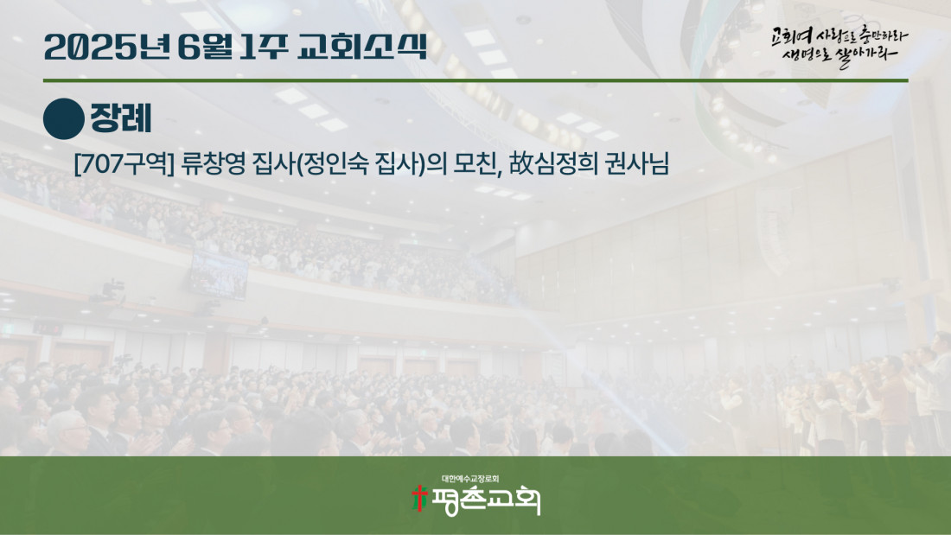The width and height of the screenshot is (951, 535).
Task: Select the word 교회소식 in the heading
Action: coord(363,48)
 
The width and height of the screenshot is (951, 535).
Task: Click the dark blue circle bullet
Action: coord(64,119)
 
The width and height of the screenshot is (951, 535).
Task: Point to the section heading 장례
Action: coord(121,118)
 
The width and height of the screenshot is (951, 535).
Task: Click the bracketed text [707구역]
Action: coord(124,163)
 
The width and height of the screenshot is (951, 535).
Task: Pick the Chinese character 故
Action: coord(520,163)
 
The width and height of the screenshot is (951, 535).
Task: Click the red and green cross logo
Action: coord(418,499)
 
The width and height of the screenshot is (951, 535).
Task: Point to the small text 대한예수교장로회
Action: coord(470,479)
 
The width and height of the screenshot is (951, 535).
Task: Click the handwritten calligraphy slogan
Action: coord(839,46)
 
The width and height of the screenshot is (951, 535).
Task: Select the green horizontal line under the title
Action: coord(475,80)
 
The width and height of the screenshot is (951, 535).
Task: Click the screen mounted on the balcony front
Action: coord(219,275)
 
